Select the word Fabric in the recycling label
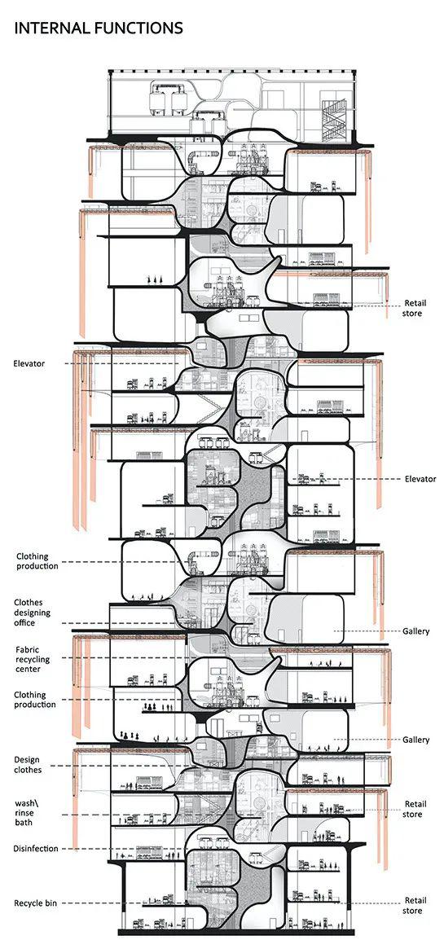pos(29,649)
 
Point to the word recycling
pos(33,660)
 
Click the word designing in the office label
pos(33,613)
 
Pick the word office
pos(26,623)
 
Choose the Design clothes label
pos(29,764)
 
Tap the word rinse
pos(24,813)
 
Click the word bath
pos(24,823)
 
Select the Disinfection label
pos(36,848)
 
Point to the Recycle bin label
pos(36,903)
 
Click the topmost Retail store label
pos(413,308)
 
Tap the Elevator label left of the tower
pos(29,363)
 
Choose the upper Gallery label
pos(415,631)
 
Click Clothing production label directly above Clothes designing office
pos(37,561)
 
